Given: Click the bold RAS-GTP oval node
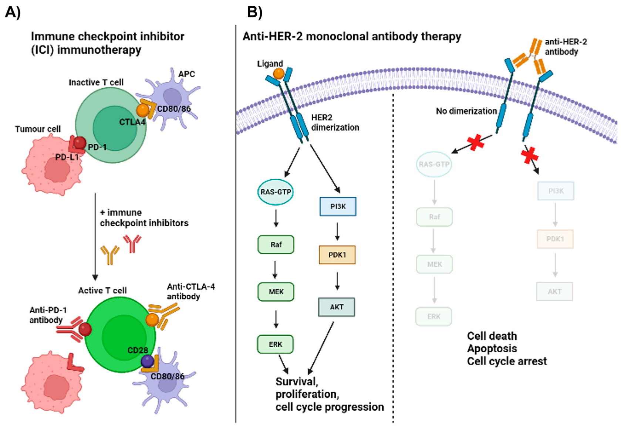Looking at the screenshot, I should click(275, 192).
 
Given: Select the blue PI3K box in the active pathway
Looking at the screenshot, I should click(337, 206).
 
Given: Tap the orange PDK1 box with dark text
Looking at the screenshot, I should click(337, 255).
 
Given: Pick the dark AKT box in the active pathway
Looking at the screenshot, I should click(336, 307).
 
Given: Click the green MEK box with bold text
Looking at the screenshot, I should click(276, 292).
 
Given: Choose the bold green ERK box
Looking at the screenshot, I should click(276, 344).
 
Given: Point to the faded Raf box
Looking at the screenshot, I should click(434, 217).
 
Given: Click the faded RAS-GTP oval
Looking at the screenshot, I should click(434, 164).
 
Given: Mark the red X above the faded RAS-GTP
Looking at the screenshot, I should click(476, 143).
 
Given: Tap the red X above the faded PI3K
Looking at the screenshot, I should click(530, 155).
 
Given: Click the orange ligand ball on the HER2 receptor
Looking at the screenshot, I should click(279, 74).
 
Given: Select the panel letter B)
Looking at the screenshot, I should click(254, 12).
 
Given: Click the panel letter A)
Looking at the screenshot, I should click(13, 12).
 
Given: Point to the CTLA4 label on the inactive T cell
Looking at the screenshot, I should click(132, 122).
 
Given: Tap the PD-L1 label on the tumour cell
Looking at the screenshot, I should click(67, 157).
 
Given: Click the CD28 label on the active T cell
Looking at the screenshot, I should click(138, 350).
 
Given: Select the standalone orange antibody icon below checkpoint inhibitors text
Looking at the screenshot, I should click(110, 255).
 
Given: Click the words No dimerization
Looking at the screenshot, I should click(466, 111).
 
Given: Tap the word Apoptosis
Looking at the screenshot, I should click(492, 348).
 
